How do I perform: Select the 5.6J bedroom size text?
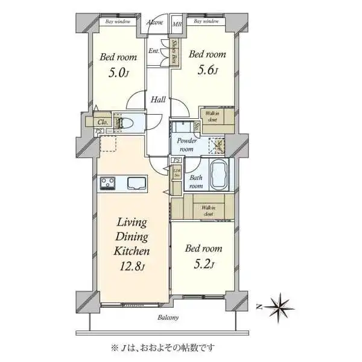click(x=207, y=69)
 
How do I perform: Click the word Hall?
click(x=159, y=100)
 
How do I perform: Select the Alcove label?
click(x=155, y=22)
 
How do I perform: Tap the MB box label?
click(x=177, y=24)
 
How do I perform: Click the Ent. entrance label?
click(x=154, y=52)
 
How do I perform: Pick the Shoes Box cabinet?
click(x=174, y=52)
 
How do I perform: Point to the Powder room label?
click(x=185, y=145)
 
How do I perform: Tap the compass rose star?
click(x=282, y=307)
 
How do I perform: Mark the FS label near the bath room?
click(x=176, y=160)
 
